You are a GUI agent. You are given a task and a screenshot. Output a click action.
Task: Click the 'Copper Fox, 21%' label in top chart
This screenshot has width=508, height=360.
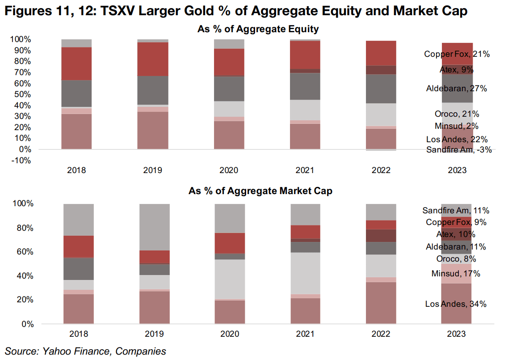(457, 55)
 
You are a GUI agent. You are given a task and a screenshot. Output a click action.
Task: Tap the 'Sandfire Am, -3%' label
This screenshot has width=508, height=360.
(459, 150)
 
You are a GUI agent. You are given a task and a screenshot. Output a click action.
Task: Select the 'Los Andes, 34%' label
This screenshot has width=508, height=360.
(456, 304)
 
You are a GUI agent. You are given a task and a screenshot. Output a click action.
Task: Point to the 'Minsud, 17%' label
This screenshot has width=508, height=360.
(456, 274)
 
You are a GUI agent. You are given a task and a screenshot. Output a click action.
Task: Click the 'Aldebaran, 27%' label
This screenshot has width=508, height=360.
(457, 89)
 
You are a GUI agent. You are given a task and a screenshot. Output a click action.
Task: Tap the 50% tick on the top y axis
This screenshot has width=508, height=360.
(21, 94)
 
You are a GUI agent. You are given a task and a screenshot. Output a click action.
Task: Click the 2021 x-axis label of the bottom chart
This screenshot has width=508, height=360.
(306, 334)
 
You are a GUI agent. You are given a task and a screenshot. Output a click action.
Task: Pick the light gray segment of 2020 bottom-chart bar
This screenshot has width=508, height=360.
(230, 279)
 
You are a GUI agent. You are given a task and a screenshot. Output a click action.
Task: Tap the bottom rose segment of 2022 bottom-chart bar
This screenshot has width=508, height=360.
(381, 302)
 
